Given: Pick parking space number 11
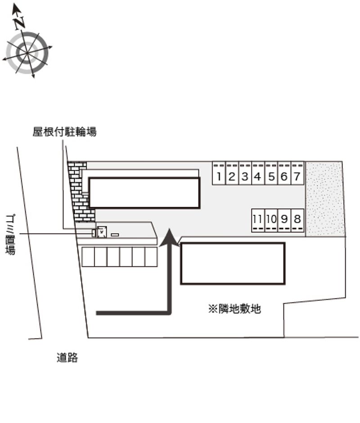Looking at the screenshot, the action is coord(257,220).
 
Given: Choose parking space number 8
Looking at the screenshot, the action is coord(297,220).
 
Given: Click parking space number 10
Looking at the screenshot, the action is coord(271,220).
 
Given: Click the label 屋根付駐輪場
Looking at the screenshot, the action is coord(64,132).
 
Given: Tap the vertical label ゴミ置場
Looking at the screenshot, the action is coord(10,234).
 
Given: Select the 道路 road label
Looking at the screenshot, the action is coord(67,358).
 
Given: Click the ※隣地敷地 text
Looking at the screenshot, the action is coord(234,309).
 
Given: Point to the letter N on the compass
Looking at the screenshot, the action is coord(19,22).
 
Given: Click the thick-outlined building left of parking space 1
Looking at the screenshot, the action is coord(144,192).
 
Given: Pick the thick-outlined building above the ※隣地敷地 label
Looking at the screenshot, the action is coord(233,263).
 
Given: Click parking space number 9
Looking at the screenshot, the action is coord(284,220).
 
